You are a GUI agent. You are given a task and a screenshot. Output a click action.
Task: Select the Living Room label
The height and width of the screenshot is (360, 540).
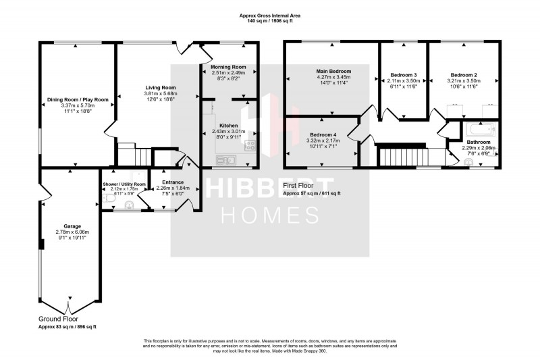coord(161,87)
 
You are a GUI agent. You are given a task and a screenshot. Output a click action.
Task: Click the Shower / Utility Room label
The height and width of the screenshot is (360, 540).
coord(124,184)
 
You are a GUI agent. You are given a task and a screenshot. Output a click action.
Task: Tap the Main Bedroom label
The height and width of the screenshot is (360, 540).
coord(334,70)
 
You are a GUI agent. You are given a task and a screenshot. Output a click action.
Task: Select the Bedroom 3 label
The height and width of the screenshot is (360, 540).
coord(404,74)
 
